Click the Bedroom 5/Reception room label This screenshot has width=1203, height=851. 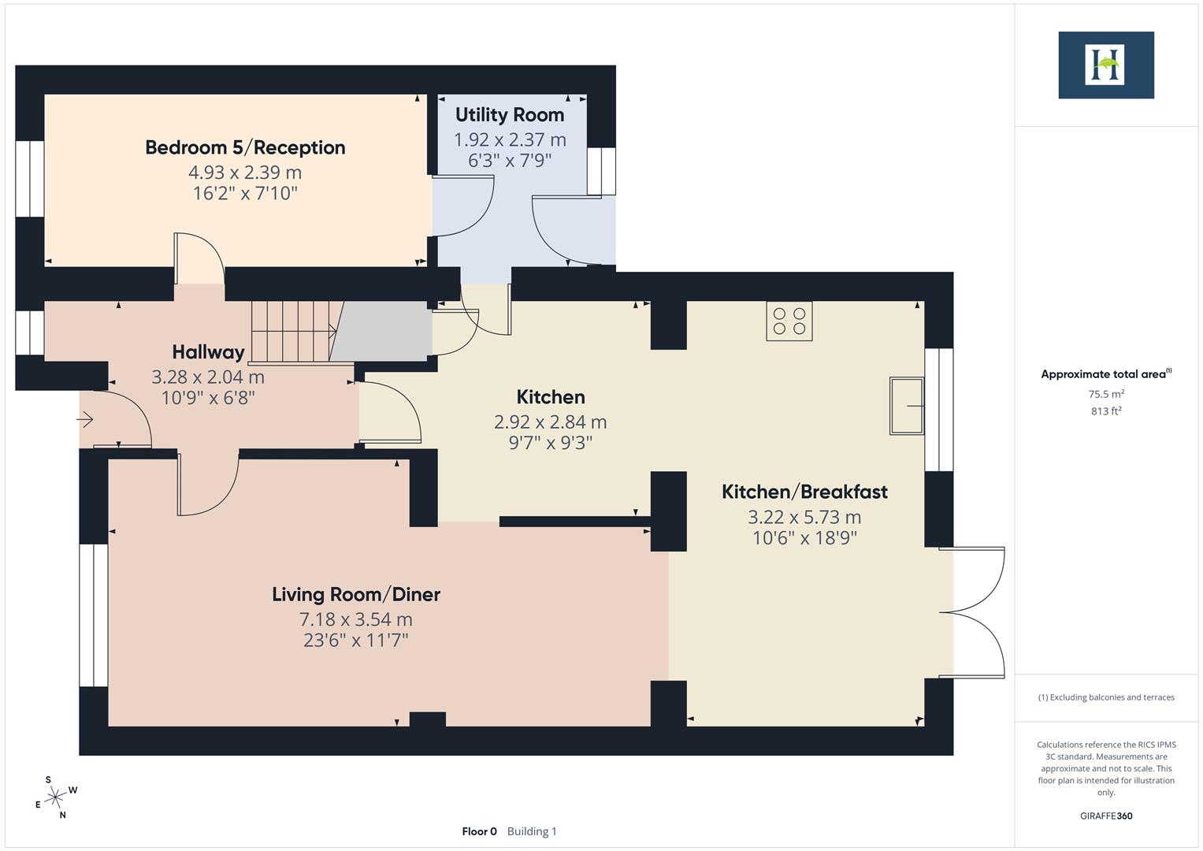(245, 147)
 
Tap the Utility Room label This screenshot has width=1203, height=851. (510, 115)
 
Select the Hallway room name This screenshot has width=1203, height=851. (208, 351)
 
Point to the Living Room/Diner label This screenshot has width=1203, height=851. (356, 594)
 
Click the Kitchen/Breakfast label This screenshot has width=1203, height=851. (804, 492)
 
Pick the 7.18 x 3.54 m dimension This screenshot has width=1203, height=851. (356, 619)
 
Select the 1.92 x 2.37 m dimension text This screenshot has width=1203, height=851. (510, 139)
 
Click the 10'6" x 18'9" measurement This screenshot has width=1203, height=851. (804, 538)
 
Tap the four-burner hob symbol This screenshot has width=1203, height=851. (789, 321)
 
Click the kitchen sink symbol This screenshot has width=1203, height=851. (907, 406)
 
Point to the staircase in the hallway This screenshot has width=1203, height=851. (293, 331)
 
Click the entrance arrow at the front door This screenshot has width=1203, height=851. (85, 420)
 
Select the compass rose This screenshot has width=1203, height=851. (55, 798)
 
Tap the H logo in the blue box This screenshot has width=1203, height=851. (1105, 65)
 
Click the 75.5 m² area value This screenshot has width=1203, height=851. (1106, 394)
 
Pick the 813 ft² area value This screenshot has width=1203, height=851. (1106, 411)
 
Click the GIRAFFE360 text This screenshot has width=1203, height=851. (1105, 816)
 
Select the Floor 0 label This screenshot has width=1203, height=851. (479, 831)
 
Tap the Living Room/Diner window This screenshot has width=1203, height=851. (93, 615)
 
